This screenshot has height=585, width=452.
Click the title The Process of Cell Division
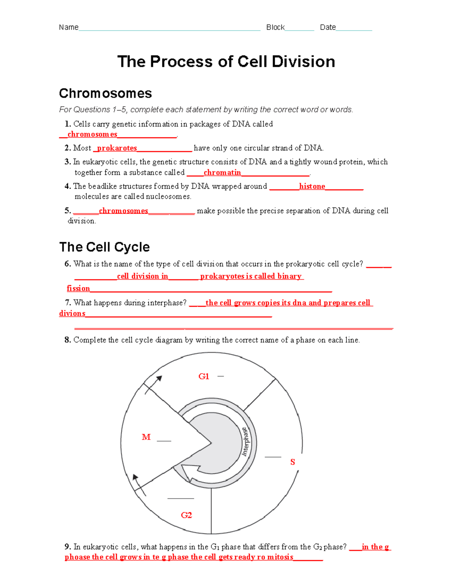[226, 62]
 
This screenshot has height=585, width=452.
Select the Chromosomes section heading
[105, 93]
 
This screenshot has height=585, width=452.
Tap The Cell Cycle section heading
[104, 247]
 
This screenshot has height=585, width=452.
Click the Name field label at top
[69, 27]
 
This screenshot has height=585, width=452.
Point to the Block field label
[275, 27]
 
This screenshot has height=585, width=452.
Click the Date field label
[328, 27]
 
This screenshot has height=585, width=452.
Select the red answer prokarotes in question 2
[117, 148]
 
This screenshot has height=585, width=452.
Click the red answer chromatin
[222, 173]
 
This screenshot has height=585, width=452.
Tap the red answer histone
[312, 186]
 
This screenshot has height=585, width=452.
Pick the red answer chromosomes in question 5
[123, 211]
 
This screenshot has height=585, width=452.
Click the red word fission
[78, 289]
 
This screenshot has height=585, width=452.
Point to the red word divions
[72, 313]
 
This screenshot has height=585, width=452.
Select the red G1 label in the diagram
[203, 376]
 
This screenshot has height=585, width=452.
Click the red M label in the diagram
[146, 437]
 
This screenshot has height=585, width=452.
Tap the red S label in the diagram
[292, 462]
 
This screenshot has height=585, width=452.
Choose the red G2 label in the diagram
[186, 515]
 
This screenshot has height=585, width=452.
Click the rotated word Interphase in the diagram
[245, 441]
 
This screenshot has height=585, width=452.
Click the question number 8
[67, 340]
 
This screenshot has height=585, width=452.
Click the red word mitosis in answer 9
[280, 557]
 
